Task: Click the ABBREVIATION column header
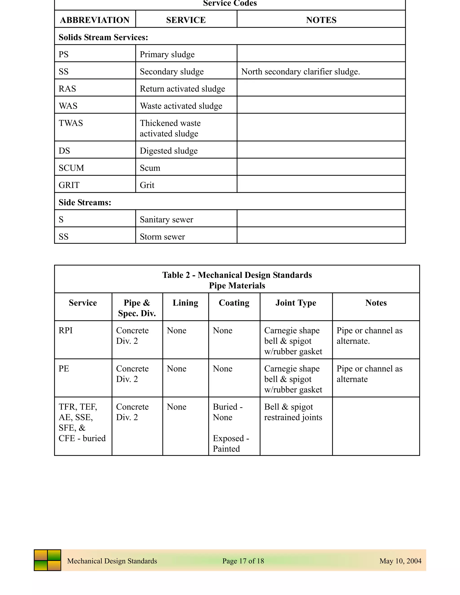pos(95,20)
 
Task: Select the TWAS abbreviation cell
pos(71,123)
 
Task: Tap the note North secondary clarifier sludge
pos(300,72)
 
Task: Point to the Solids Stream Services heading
pos(103,37)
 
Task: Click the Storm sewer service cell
pos(162,236)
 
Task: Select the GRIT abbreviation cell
pos(69,185)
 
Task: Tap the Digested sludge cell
pos(168,151)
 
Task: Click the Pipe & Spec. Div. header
pos(137,308)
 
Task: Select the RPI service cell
pos(66,331)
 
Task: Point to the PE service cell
pos(64,369)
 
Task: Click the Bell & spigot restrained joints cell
pos(293,412)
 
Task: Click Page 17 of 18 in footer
pos(243,561)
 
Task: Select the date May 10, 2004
pos(400,561)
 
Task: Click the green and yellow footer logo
pos(47,560)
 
